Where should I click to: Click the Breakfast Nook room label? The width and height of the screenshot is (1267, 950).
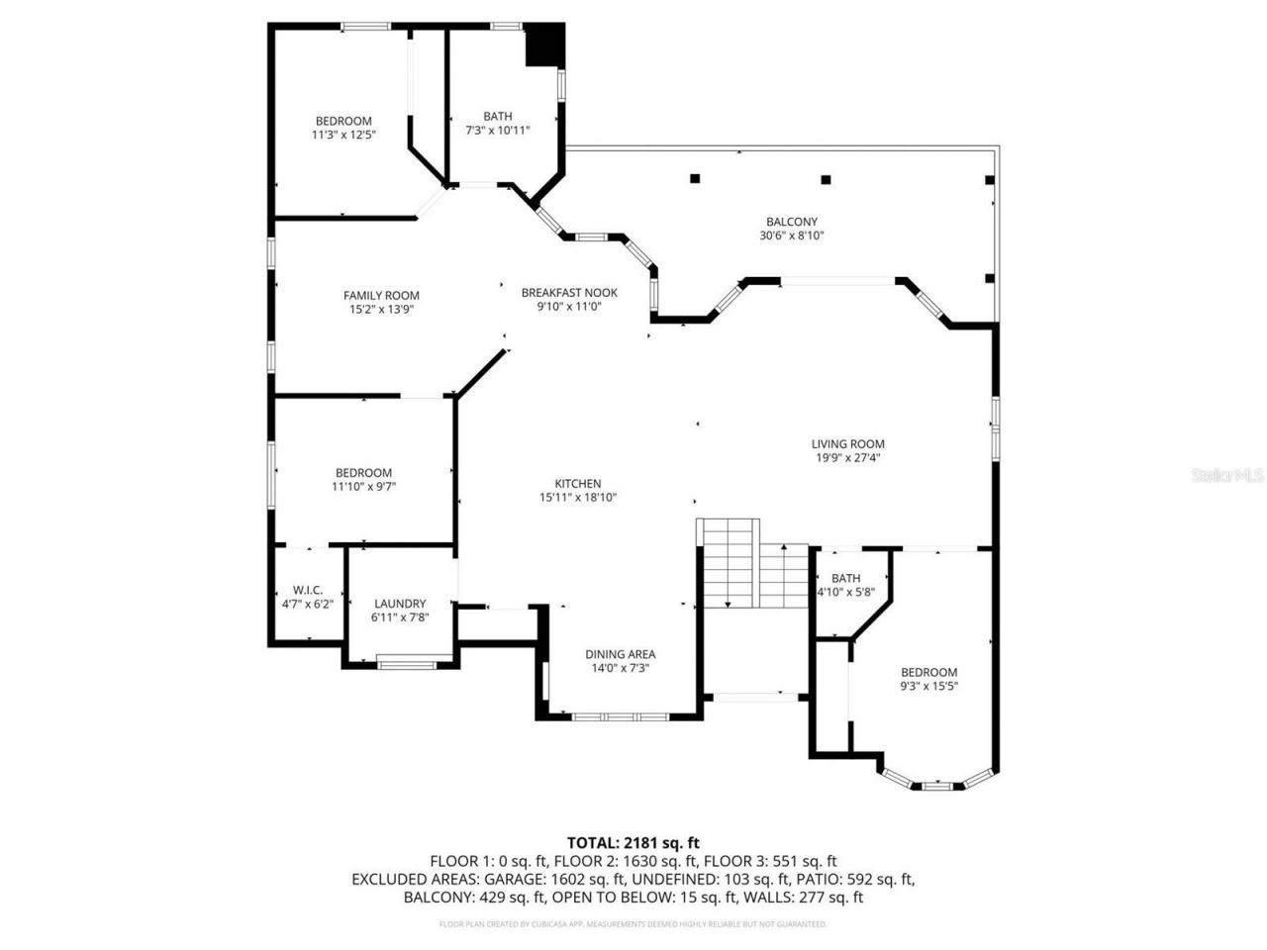tap(569, 292)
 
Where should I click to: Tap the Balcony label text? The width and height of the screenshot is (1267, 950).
tap(791, 222)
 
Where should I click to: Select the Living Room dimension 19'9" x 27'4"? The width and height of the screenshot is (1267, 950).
tap(848, 458)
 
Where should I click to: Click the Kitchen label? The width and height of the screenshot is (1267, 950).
tap(578, 484)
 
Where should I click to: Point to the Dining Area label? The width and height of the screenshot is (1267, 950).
tap(620, 654)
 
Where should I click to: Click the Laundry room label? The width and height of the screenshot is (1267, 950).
tap(400, 604)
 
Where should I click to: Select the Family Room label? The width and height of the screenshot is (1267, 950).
tap(381, 295)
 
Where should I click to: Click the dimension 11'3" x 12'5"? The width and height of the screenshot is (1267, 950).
tap(343, 134)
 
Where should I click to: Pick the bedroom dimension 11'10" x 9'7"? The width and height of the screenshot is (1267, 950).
tap(365, 486)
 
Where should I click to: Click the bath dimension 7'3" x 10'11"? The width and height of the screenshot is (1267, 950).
tap(498, 130)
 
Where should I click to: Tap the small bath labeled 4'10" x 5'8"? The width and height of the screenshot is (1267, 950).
tap(845, 592)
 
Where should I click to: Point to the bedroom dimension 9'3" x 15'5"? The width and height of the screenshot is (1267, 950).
tap(928, 686)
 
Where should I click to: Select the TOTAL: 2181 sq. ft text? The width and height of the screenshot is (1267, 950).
tap(633, 843)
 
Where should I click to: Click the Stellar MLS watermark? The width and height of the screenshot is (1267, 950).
tap(1227, 476)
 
